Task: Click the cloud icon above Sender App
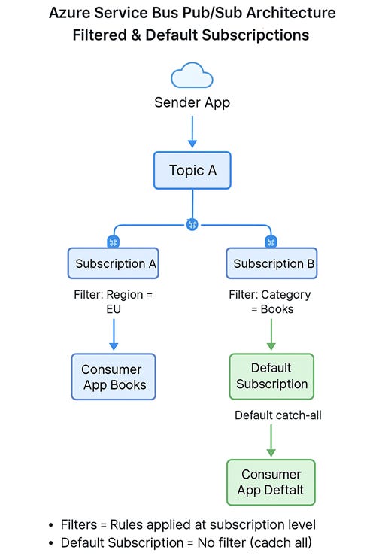click(x=192, y=76)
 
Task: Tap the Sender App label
click(x=192, y=102)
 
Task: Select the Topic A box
click(x=192, y=170)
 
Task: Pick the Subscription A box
click(x=113, y=263)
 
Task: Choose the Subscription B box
click(x=271, y=263)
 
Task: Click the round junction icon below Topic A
click(x=192, y=224)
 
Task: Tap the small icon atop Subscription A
click(x=114, y=242)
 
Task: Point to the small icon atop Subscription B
click(x=271, y=242)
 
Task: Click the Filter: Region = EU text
click(x=113, y=302)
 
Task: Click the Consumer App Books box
click(x=113, y=377)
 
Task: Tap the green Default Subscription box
click(x=271, y=376)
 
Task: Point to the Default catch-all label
click(x=277, y=415)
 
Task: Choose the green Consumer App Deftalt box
click(x=271, y=482)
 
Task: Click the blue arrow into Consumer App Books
click(x=114, y=335)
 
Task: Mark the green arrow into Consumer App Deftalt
click(x=271, y=441)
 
